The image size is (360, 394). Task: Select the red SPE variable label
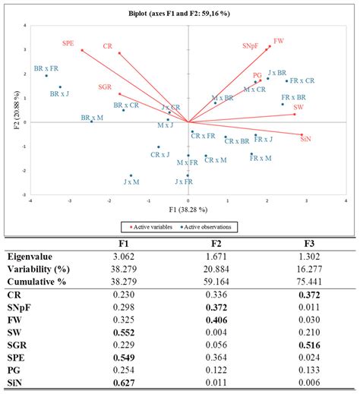pyautogui.click(x=69, y=44)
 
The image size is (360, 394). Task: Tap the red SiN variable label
pyautogui.click(x=306, y=140)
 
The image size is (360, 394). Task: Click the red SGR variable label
pyautogui.click(x=106, y=87)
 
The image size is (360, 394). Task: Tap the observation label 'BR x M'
pyautogui.click(x=93, y=118)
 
